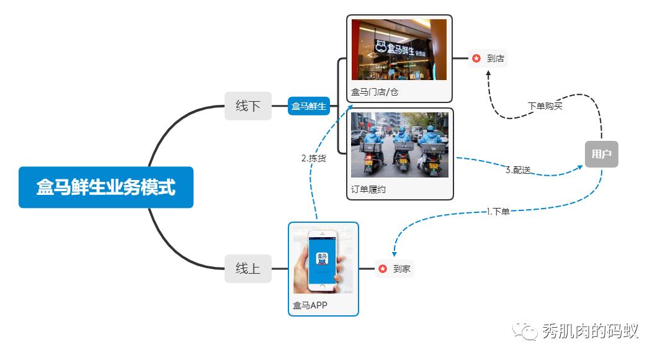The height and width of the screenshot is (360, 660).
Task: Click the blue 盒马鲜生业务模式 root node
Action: (x=106, y=187)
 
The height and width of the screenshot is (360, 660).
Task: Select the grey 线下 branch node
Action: (x=248, y=106)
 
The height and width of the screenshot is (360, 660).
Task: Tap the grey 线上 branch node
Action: (x=248, y=269)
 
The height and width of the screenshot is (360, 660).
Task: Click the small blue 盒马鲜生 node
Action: (x=309, y=106)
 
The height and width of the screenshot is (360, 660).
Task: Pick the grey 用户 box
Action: (x=601, y=154)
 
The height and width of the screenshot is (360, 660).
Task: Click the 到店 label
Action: (x=496, y=58)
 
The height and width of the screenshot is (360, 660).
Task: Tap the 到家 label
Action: (x=402, y=269)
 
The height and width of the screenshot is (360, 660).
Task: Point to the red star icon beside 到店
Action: (x=476, y=58)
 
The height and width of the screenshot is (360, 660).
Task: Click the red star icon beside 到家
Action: (x=383, y=269)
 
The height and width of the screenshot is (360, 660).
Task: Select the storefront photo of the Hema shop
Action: (x=399, y=50)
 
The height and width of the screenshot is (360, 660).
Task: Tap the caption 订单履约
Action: (x=368, y=189)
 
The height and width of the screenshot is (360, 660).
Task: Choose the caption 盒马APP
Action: (x=310, y=305)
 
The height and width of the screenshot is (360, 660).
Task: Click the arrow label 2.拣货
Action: (x=313, y=158)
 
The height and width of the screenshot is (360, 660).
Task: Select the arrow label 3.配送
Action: (x=518, y=170)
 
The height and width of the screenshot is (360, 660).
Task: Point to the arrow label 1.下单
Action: (x=498, y=212)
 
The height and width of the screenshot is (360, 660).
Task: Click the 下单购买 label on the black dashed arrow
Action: (x=545, y=106)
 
